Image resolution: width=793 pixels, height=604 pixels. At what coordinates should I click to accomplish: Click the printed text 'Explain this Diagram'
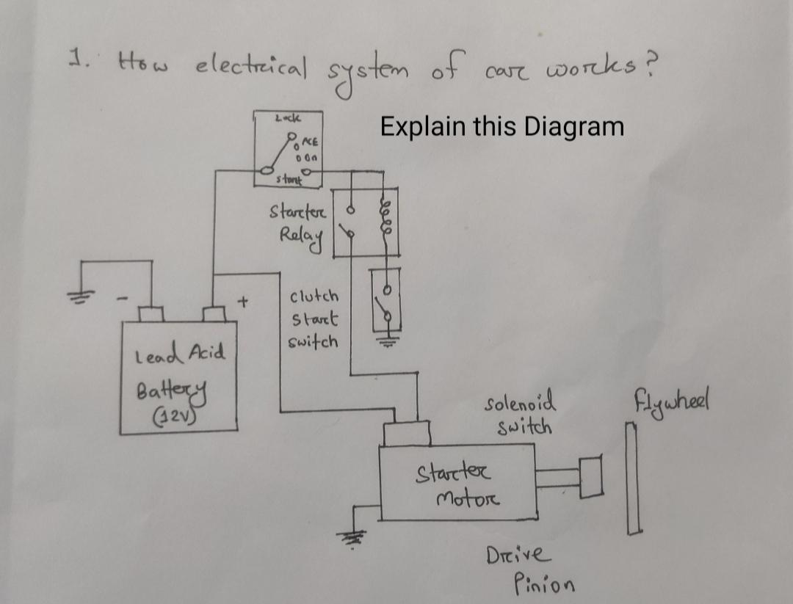[501, 126]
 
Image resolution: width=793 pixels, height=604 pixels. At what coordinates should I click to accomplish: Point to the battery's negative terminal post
[151, 314]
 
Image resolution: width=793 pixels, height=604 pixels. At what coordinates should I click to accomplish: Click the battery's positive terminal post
[214, 314]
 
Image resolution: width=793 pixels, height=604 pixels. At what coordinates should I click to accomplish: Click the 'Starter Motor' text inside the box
[460, 484]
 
